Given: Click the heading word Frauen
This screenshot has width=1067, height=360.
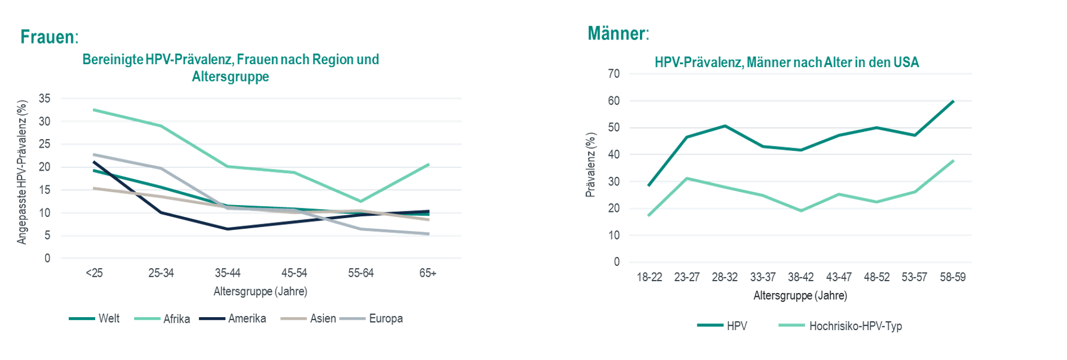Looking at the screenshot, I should point(47,37).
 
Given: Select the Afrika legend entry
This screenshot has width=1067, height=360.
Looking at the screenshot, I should point(176,319).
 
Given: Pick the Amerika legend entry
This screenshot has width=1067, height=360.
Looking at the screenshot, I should point(247,318).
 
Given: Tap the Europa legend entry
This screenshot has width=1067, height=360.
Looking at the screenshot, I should point(385,318).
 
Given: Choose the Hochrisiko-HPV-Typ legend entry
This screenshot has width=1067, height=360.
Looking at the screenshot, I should point(855,326).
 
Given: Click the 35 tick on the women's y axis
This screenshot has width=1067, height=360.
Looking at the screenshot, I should point(45,99).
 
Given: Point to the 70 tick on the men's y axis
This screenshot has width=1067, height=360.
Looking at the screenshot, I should point(613,74).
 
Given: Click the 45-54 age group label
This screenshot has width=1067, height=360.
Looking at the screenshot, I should point(294,273).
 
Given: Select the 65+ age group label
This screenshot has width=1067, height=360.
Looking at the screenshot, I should point(428,273).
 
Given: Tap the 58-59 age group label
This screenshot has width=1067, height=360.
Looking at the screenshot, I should point(952,277).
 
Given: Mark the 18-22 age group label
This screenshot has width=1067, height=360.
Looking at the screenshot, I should point(649,277).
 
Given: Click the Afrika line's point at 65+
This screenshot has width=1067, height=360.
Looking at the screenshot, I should point(429,165).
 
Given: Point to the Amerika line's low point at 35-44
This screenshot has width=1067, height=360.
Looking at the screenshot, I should point(228,229).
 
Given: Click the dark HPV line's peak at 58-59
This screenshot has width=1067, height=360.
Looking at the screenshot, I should point(953,101).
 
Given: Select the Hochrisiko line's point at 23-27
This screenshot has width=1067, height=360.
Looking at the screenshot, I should point(687,179).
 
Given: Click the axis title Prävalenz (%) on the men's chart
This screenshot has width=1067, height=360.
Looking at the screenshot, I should point(590,165).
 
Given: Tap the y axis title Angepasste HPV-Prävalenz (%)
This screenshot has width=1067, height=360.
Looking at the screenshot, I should point(22,172).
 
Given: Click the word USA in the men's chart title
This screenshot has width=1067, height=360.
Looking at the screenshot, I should point(906,63).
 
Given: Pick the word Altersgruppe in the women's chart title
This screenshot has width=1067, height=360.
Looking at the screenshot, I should point(230,77).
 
